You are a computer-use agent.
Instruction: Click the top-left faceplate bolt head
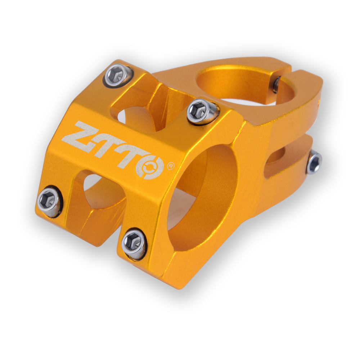coord(118,75)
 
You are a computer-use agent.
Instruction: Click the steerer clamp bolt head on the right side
coord(314,162)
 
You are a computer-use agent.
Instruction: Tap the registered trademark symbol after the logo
coord(171,166)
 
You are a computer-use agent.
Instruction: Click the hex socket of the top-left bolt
coord(116,74)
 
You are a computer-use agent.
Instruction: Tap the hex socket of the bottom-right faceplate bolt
coord(133,242)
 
